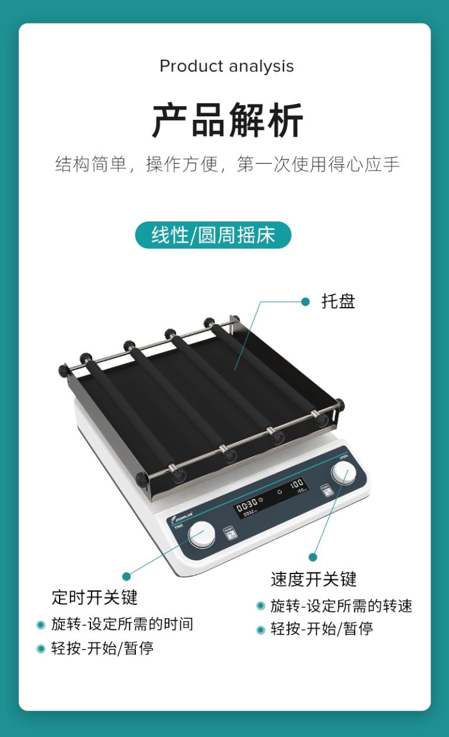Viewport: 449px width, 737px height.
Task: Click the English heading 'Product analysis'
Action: click(226, 66)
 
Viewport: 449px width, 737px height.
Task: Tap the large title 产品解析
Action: click(227, 120)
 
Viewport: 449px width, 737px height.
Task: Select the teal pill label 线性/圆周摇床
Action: click(213, 235)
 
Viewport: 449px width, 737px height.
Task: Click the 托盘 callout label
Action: click(338, 301)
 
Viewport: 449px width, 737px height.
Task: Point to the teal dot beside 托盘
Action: click(305, 302)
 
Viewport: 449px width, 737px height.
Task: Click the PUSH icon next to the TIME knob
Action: click(230, 533)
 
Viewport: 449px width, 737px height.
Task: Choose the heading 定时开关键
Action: click(95, 597)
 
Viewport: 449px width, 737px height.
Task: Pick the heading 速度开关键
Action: click(314, 579)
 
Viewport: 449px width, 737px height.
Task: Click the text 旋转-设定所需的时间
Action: click(122, 624)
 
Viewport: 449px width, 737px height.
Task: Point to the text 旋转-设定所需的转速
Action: click(341, 605)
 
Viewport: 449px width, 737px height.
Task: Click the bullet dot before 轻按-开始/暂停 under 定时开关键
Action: click(41, 648)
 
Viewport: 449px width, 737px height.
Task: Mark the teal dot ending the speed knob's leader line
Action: click(313, 557)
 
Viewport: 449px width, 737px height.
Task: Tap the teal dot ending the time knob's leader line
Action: click(126, 576)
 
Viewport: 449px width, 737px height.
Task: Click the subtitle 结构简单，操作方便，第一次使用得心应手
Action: click(227, 164)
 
